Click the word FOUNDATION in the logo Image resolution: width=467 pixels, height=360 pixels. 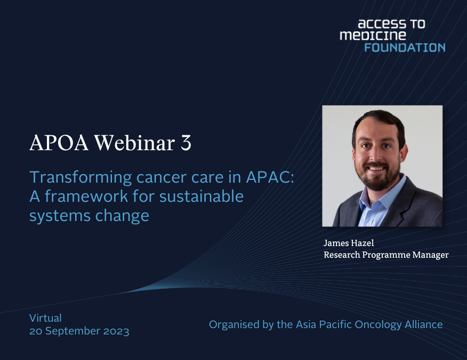[405, 47]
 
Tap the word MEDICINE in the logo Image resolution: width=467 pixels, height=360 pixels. [373, 36]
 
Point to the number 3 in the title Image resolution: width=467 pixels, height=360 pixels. [186, 143]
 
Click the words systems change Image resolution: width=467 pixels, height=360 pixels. [89, 216]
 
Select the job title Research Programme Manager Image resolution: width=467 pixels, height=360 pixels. [386, 255]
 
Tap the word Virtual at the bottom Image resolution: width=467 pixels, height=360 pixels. [45, 318]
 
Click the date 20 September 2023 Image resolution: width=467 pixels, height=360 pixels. [79, 331]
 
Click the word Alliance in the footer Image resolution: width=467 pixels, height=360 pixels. [423, 324]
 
